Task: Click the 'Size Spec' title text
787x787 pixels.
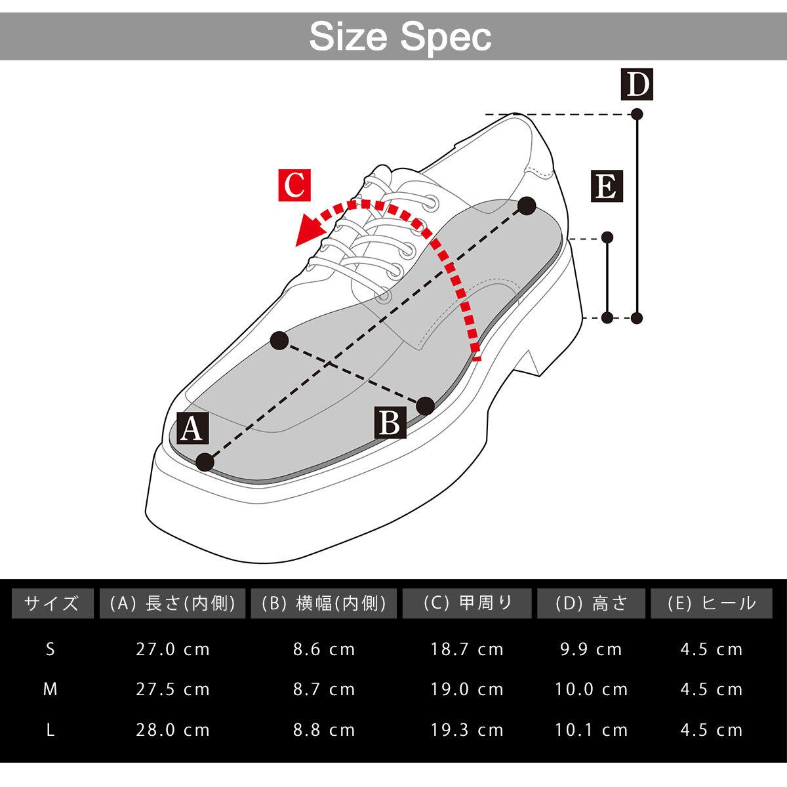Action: coord(400,37)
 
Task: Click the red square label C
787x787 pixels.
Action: coord(294,186)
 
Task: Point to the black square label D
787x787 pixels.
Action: coord(637,84)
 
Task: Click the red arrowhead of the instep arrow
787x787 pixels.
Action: coord(308,231)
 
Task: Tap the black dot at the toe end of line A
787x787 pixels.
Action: coord(205,462)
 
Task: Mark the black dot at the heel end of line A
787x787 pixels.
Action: coord(526,206)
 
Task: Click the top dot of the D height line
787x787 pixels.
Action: coord(636,114)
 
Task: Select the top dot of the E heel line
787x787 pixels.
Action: coord(607,237)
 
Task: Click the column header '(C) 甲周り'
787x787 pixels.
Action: coord(467,603)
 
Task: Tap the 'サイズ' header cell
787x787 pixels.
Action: coord(51,603)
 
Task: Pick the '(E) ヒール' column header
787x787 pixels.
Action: coord(711,603)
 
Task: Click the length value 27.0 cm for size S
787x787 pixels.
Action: coord(173,649)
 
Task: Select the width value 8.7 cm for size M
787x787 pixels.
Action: coord(324,689)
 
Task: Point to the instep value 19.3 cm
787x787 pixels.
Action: coord(467,729)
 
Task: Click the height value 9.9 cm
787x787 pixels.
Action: coord(592,649)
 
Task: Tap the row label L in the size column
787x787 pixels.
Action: coord(50,729)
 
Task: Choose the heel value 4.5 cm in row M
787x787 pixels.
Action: coord(711,689)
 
